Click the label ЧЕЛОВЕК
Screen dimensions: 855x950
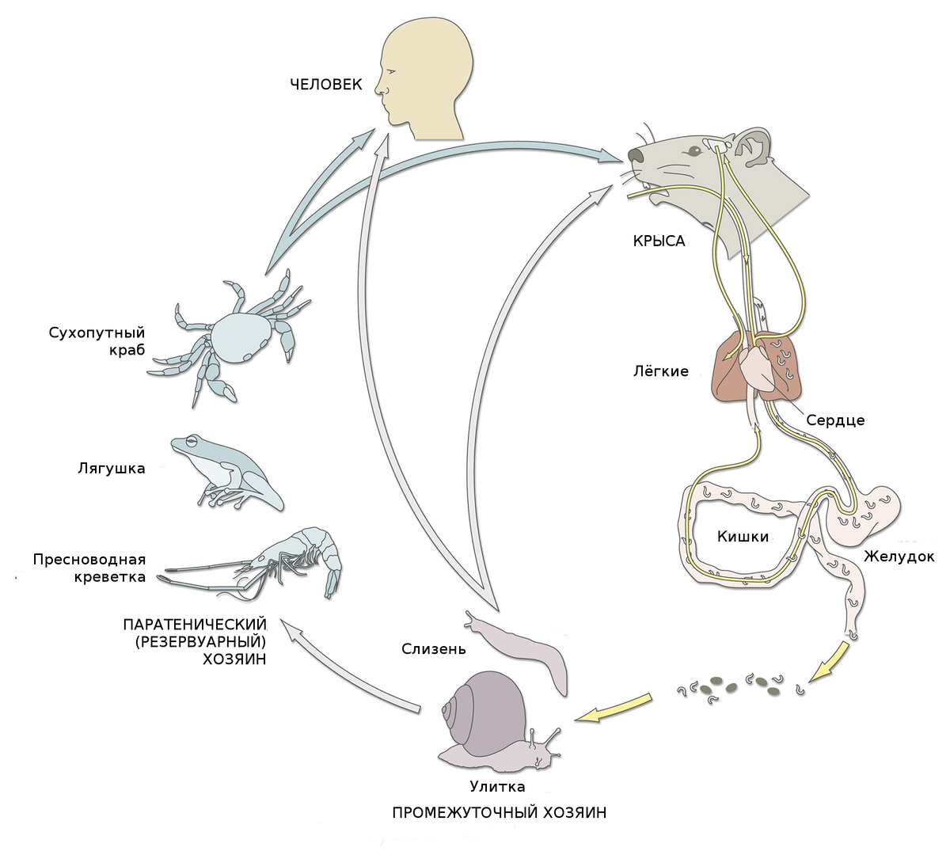(325, 84)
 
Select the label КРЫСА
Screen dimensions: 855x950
(659, 241)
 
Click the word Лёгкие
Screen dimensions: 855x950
(661, 371)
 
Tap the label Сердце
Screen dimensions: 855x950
(835, 420)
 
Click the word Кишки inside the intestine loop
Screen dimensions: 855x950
(743, 537)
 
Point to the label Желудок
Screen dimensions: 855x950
(899, 557)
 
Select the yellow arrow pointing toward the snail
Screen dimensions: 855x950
(614, 709)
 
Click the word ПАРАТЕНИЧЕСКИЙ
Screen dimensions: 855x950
(194, 625)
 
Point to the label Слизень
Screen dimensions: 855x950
(434, 649)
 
